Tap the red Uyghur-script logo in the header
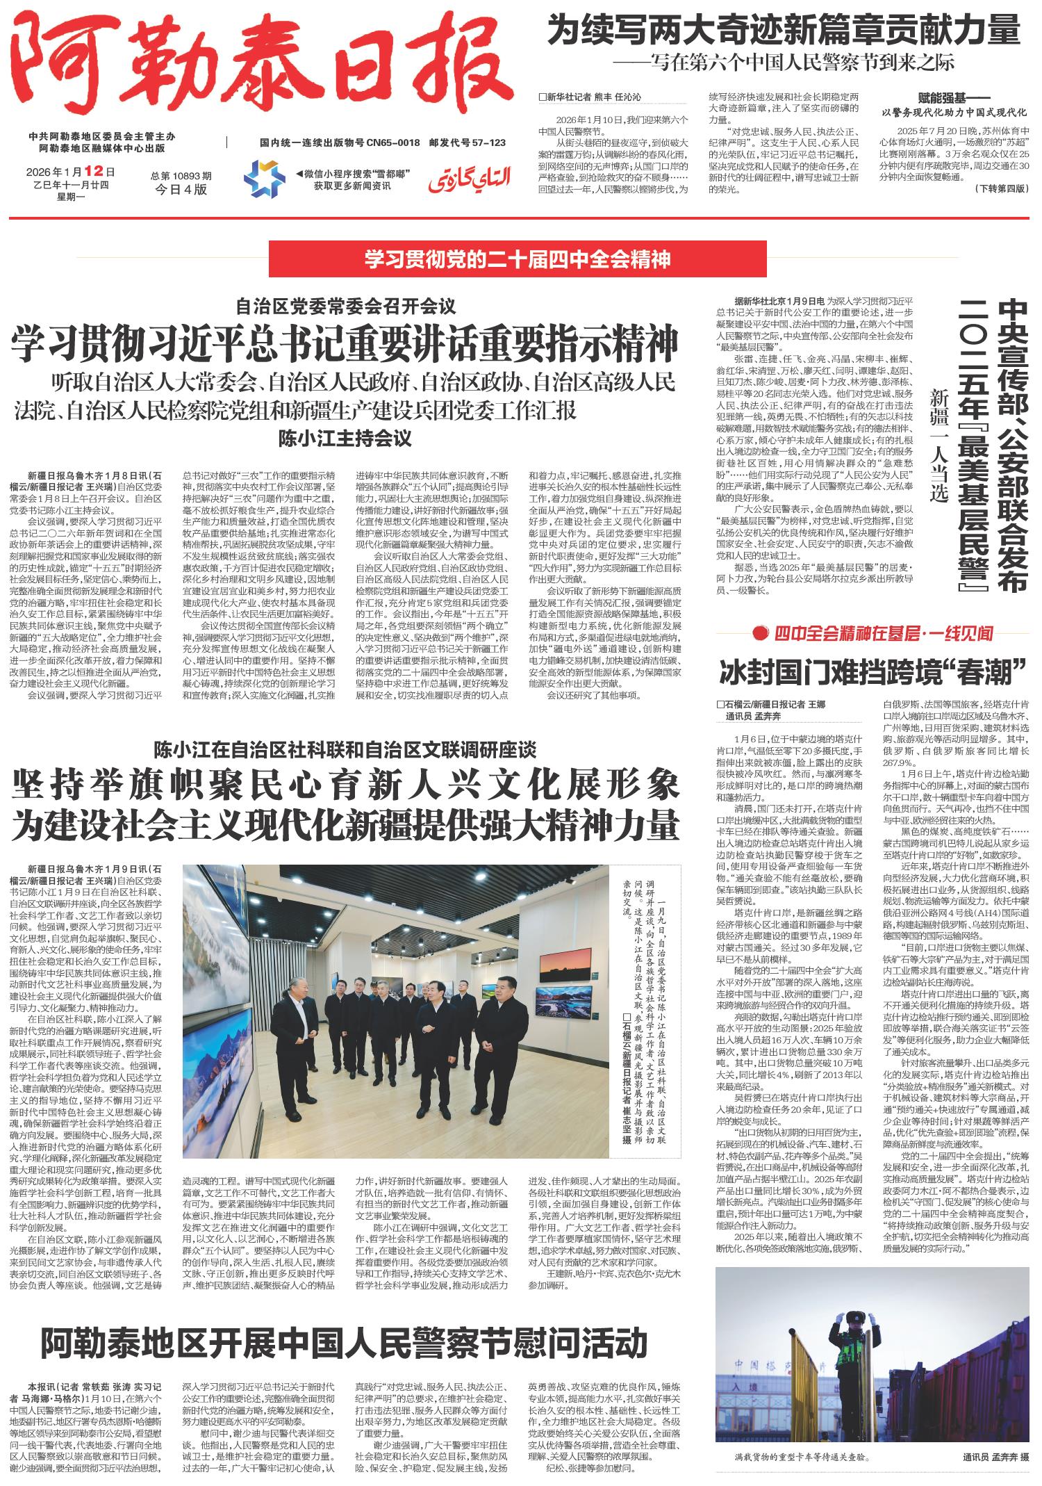[470, 179]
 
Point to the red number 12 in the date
[93, 170]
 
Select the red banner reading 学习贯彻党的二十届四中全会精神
[518, 259]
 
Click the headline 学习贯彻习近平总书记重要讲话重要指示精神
[345, 343]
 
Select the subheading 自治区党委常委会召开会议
[345, 305]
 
